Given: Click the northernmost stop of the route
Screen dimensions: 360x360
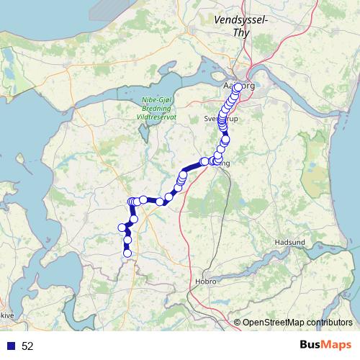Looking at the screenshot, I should pyautogui.click(x=238, y=87).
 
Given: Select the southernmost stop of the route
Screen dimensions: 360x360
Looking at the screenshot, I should pyautogui.click(x=127, y=253).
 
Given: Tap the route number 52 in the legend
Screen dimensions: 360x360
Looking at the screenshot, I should pyautogui.click(x=27, y=346).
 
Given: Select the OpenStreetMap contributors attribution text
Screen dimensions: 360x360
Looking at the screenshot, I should pyautogui.click(x=297, y=322).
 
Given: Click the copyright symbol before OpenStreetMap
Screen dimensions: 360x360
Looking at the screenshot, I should pyautogui.click(x=238, y=322).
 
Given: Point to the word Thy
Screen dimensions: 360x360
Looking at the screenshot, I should pyautogui.click(x=242, y=32).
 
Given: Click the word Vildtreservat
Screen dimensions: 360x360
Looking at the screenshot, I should pyautogui.click(x=156, y=115).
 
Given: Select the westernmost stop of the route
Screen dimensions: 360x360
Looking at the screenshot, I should pyautogui.click(x=121, y=228).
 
